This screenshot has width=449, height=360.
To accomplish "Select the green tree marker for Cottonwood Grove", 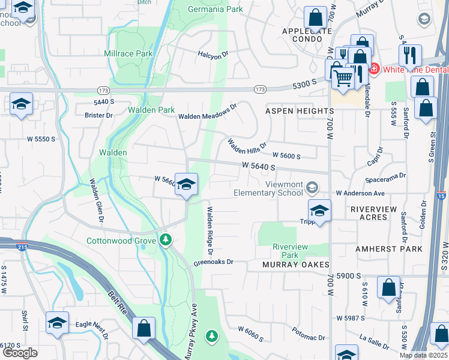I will pos(166,241).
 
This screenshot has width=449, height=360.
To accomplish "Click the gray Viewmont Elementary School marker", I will pos(312,188).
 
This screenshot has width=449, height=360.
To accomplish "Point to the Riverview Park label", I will pos(290,251).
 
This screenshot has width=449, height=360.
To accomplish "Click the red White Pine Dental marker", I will pos(374,69).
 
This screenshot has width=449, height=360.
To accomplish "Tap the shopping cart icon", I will pos(342,77).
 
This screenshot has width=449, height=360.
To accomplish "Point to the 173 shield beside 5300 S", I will pos(259,89).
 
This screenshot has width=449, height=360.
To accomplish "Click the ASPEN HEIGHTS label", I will pos(300,111).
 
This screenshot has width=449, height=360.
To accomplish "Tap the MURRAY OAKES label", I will pos(295,265).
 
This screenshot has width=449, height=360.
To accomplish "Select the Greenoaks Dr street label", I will pos(212,262).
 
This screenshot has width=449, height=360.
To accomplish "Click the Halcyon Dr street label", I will pos(214,54).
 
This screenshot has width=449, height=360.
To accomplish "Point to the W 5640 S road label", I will pos(259,166).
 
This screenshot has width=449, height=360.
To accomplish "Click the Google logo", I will pos(20,353).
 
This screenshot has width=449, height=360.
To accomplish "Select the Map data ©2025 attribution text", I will pos(423,355).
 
